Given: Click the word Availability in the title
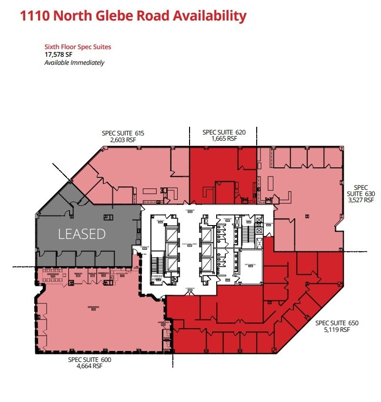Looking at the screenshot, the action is click(x=210, y=16).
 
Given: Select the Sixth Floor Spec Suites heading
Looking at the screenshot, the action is click(x=78, y=47).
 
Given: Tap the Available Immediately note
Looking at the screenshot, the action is click(x=74, y=62).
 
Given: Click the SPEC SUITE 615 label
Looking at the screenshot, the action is click(x=123, y=133).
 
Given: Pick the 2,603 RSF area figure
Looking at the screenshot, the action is click(x=123, y=140).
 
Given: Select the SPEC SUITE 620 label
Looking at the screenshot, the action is click(x=223, y=132).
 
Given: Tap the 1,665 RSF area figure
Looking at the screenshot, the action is click(x=223, y=139).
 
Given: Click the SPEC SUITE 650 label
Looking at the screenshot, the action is click(x=337, y=323).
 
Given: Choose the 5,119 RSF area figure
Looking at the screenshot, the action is click(x=337, y=330).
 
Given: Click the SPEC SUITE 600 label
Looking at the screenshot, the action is click(x=90, y=360).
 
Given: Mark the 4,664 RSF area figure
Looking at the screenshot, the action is click(x=90, y=366).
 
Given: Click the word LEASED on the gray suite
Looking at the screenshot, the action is click(x=81, y=234).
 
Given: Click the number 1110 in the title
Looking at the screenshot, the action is click(x=35, y=16).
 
